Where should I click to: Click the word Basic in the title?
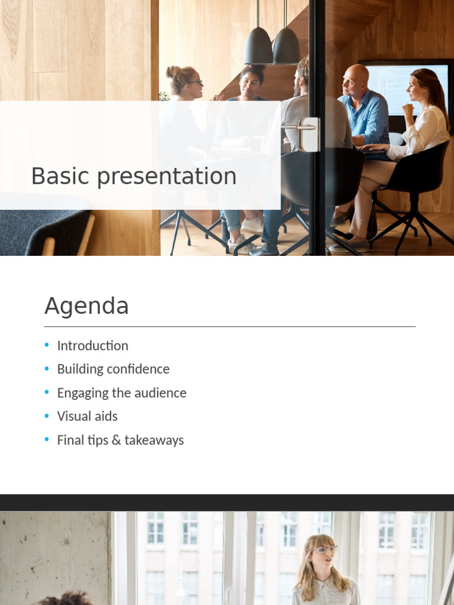pyautogui.click(x=60, y=176)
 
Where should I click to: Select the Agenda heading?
pyautogui.click(x=86, y=307)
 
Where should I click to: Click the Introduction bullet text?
pyautogui.click(x=93, y=346)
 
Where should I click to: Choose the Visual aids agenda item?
pyautogui.click(x=87, y=417)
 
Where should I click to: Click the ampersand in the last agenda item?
pyautogui.click(x=116, y=440)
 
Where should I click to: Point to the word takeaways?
pyautogui.click(x=154, y=441)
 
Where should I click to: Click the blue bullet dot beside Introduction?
pyautogui.click(x=47, y=344)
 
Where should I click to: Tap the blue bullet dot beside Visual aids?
pyautogui.click(x=47, y=415)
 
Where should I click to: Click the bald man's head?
pyautogui.click(x=355, y=80)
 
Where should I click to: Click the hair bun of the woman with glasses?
pyautogui.click(x=173, y=71)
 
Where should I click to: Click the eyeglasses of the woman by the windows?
pyautogui.click(x=326, y=549)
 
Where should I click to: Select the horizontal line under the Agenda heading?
pyautogui.click(x=230, y=326)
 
